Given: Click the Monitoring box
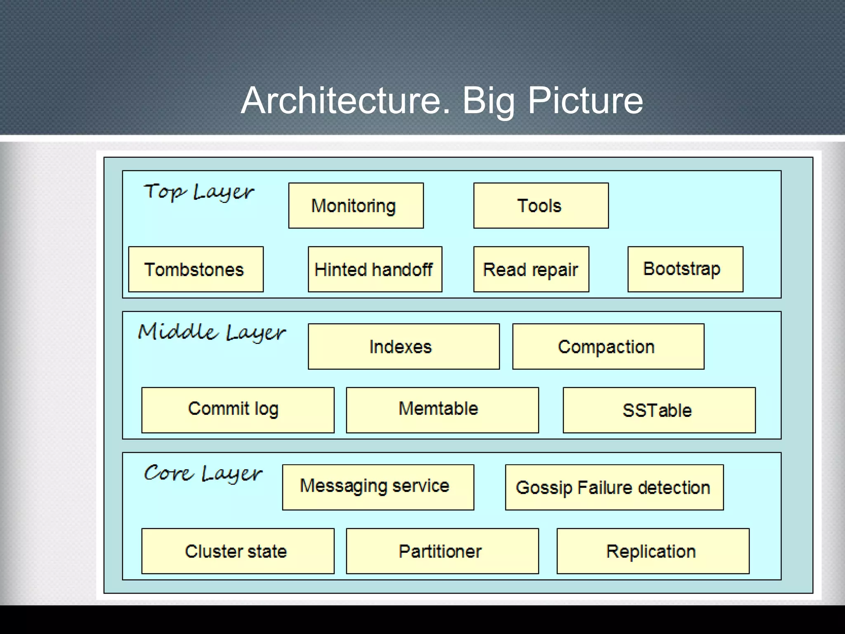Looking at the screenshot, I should pyautogui.click(x=356, y=206).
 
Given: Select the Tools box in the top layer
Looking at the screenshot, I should pyautogui.click(x=541, y=206).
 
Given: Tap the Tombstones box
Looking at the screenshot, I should pyautogui.click(x=196, y=270).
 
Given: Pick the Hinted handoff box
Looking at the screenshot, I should pyautogui.click(x=375, y=270).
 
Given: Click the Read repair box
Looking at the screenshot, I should pyautogui.click(x=531, y=270).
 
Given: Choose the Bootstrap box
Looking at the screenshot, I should pyautogui.click(x=685, y=270).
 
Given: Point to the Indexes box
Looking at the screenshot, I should pyautogui.click(x=404, y=347).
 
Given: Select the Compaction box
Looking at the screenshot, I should pyautogui.click(x=608, y=347).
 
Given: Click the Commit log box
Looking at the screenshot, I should pyautogui.click(x=238, y=410).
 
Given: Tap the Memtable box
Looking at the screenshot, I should pyautogui.click(x=442, y=410).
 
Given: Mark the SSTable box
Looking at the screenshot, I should pyautogui.click(x=659, y=410).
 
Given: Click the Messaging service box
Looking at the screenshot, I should pyautogui.click(x=378, y=487).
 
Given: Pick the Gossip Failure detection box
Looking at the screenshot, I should pyautogui.click(x=614, y=487).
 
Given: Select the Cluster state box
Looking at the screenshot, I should pyautogui.click(x=238, y=551).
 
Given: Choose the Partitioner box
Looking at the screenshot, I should pyautogui.click(x=442, y=551).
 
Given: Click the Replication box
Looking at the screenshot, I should pyautogui.click(x=653, y=551).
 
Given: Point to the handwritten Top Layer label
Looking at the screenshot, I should pyautogui.click(x=199, y=192).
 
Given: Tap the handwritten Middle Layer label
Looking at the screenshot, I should pyautogui.click(x=212, y=333).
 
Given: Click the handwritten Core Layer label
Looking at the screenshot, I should pyautogui.click(x=203, y=473).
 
